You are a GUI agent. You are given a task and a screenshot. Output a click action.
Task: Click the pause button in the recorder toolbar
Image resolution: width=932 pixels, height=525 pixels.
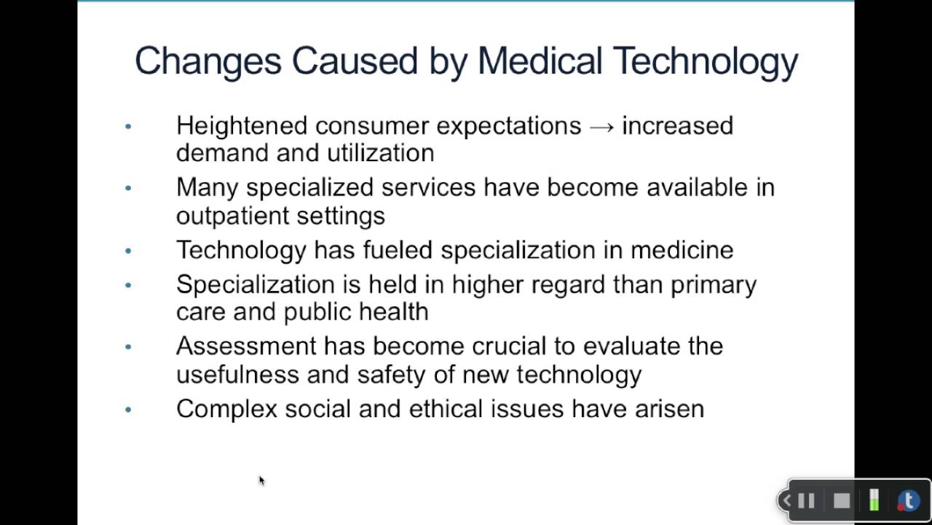tap(806, 501)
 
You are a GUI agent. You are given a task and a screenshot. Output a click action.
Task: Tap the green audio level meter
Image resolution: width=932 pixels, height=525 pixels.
tap(874, 501)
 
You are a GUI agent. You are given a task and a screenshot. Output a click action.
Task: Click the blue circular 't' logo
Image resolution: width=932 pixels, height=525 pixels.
tap(908, 501)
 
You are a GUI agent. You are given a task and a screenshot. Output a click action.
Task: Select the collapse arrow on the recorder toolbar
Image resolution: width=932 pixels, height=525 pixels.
tap(786, 501)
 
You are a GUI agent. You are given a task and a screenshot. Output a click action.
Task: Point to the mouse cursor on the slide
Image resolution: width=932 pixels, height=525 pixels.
tap(261, 480)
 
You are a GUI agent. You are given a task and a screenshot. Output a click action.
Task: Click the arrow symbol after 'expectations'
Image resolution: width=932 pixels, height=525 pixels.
tap(601, 126)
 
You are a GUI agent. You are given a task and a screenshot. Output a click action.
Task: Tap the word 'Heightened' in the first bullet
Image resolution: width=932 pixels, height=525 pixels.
tap(242, 126)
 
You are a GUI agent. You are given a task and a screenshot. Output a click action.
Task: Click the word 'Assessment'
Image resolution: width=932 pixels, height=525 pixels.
tap(246, 346)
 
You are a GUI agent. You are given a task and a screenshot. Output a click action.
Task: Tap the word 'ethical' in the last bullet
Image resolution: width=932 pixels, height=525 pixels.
tap(446, 408)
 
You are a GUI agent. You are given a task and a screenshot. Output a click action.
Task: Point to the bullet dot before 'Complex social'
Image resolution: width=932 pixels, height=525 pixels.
tap(128, 409)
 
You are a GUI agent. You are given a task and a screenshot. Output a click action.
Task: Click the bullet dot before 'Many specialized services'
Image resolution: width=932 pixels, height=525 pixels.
tap(128, 188)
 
